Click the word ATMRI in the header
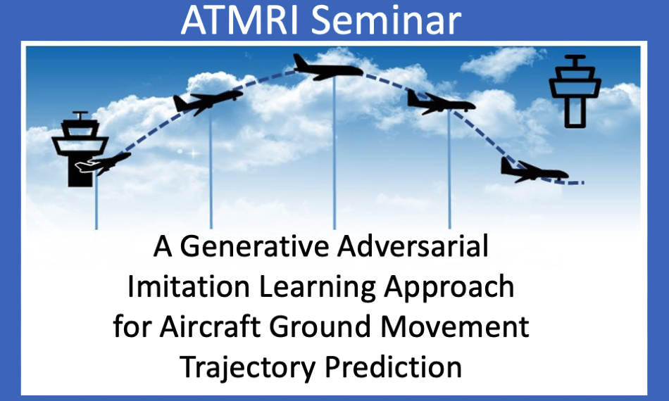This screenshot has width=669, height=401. tap(239, 20)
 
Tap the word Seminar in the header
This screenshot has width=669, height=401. tap(386, 20)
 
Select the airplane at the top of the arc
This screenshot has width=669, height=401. tap(327, 68)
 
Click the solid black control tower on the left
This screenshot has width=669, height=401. tap(80, 149)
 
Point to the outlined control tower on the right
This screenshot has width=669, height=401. tap(575, 91)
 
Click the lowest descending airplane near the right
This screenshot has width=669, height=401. tap(534, 171)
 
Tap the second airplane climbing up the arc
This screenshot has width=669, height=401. tap(208, 102)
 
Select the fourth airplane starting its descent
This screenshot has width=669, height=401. tap(441, 102)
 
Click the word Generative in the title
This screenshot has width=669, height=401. tap(255, 247)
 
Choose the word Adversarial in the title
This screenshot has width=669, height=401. tap(413, 246)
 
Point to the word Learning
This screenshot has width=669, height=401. tap(317, 288)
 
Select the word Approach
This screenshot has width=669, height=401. tap(449, 288)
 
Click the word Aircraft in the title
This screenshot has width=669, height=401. tap(210, 326)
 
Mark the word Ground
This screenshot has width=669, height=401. tap(320, 326)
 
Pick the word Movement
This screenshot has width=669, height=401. tap(454, 326)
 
